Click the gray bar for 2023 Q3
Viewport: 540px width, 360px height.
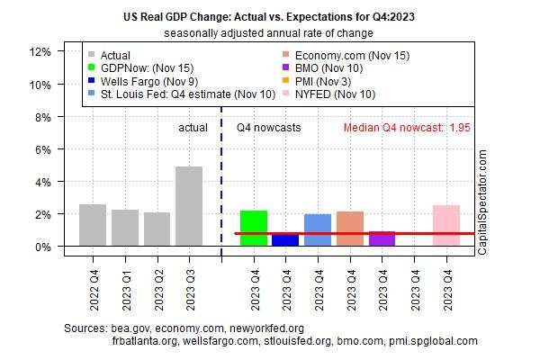[189, 206]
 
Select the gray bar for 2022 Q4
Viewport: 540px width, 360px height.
[93, 225]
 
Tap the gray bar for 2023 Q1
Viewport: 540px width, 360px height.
[125, 228]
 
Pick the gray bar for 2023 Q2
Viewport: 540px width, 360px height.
[157, 229]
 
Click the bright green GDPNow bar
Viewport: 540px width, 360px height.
[254, 228]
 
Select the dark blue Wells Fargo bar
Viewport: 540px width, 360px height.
[285, 239]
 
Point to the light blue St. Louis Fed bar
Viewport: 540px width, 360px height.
[318, 229]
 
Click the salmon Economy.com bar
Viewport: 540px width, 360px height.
[350, 229]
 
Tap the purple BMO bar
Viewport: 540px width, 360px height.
[382, 238]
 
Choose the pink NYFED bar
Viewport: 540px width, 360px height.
[446, 225]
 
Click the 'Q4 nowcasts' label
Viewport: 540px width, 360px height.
[268, 128]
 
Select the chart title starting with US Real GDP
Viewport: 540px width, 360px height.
[269, 15]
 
